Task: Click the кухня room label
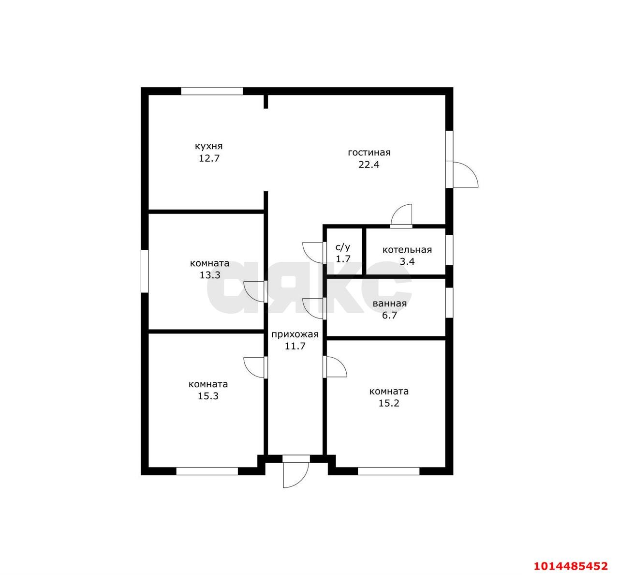click(x=209, y=146)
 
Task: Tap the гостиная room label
click(x=369, y=152)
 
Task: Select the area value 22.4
click(x=368, y=165)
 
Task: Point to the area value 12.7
click(x=209, y=158)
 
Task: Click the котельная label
click(x=407, y=250)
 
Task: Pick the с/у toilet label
click(x=343, y=247)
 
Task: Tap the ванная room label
click(x=390, y=303)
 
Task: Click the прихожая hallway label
click(x=295, y=335)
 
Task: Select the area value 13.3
click(x=210, y=275)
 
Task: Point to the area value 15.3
click(x=208, y=396)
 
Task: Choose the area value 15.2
click(x=389, y=403)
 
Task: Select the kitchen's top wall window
click(x=212, y=91)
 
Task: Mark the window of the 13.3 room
click(x=145, y=271)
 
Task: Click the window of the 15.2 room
click(x=388, y=471)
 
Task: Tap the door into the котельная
click(x=401, y=216)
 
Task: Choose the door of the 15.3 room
click(x=255, y=367)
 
